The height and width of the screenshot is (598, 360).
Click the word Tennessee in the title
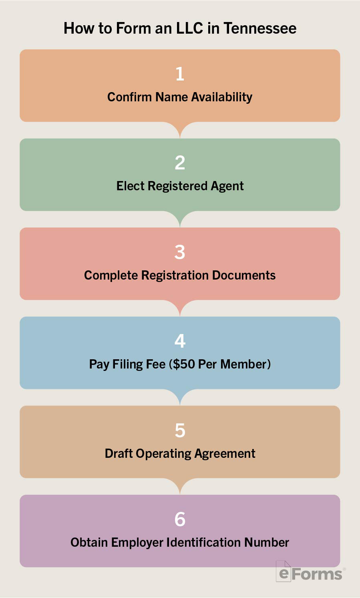tap(260, 28)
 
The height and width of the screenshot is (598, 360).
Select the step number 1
tap(180, 74)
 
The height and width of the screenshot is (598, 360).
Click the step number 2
tap(180, 163)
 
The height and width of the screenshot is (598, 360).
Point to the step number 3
tap(180, 252)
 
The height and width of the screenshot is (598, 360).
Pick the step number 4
tap(180, 341)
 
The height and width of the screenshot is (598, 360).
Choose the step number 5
tap(180, 430)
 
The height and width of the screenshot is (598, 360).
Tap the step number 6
tap(180, 519)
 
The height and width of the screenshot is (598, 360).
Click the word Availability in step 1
tap(221, 97)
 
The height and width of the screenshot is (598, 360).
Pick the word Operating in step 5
tap(163, 453)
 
